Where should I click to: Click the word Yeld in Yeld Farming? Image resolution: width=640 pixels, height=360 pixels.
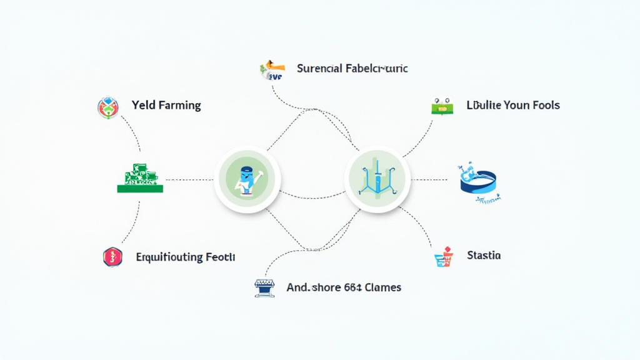(143, 105)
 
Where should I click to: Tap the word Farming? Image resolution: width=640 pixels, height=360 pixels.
(179, 106)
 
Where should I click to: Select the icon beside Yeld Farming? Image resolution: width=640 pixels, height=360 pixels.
(108, 107)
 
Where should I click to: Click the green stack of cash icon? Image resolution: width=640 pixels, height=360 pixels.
(140, 179)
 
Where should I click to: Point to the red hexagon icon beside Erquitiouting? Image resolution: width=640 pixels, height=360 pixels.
(112, 256)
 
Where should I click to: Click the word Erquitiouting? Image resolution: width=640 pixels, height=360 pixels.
(169, 257)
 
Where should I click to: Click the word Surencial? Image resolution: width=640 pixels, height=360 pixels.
(319, 68)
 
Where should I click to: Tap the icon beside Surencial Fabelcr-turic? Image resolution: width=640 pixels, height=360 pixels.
(272, 70)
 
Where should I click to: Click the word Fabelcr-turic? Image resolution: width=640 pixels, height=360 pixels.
(376, 68)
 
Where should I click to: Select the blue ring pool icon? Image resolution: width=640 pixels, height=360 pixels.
(477, 181)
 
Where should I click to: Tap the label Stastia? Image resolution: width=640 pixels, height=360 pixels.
(484, 256)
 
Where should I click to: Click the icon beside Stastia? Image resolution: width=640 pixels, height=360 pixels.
(443, 257)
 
